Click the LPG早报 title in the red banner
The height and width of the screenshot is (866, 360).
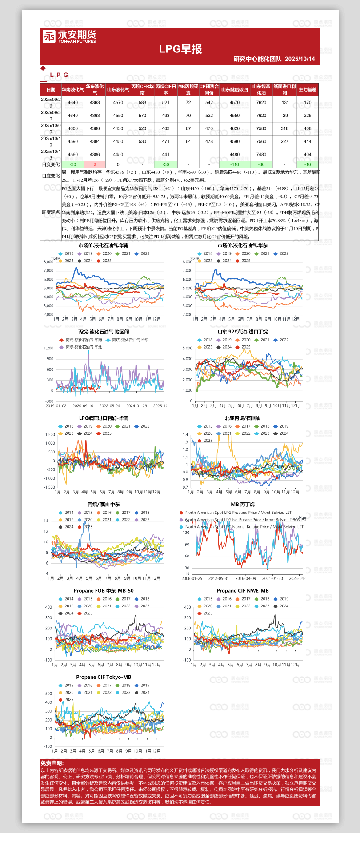point(180,49)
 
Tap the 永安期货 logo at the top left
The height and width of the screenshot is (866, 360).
point(69,36)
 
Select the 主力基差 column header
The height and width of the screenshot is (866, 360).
point(308,89)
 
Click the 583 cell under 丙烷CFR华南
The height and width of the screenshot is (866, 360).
point(142,102)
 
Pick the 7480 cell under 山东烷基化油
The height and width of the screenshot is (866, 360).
point(261,155)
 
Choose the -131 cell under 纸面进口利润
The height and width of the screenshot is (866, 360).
point(284,102)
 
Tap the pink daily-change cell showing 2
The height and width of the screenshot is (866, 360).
point(95,164)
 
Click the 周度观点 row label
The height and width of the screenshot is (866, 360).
point(51,212)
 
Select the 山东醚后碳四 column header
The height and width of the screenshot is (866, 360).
point(234,89)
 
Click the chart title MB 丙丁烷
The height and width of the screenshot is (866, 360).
point(243,505)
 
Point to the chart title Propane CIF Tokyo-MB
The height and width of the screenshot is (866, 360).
point(104,677)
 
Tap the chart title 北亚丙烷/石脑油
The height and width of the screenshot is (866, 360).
point(243,418)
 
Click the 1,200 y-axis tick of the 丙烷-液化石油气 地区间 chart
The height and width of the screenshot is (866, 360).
point(49,348)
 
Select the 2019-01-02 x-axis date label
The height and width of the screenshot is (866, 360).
point(56,406)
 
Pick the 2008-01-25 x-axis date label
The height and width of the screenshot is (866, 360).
point(192,578)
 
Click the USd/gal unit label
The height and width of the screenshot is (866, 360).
point(299,517)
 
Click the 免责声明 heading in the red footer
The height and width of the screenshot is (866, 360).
point(52,763)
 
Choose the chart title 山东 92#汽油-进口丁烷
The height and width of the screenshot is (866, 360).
point(243,332)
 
